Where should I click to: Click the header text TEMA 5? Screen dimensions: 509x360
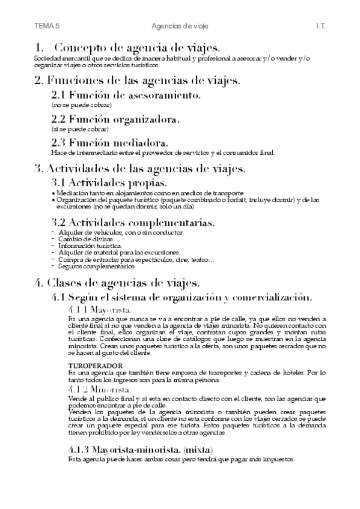coord(47,26)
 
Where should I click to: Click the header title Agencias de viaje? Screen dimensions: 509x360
coord(179,26)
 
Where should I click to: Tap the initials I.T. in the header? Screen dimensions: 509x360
coord(320,26)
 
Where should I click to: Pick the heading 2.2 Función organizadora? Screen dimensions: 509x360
coord(115,119)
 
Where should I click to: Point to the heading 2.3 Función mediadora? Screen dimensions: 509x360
coord(109,143)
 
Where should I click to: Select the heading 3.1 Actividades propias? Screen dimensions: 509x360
coord(109,182)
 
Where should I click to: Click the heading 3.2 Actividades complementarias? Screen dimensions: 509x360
coord(133,223)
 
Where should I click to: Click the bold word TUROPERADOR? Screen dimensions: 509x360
coord(96,366)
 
